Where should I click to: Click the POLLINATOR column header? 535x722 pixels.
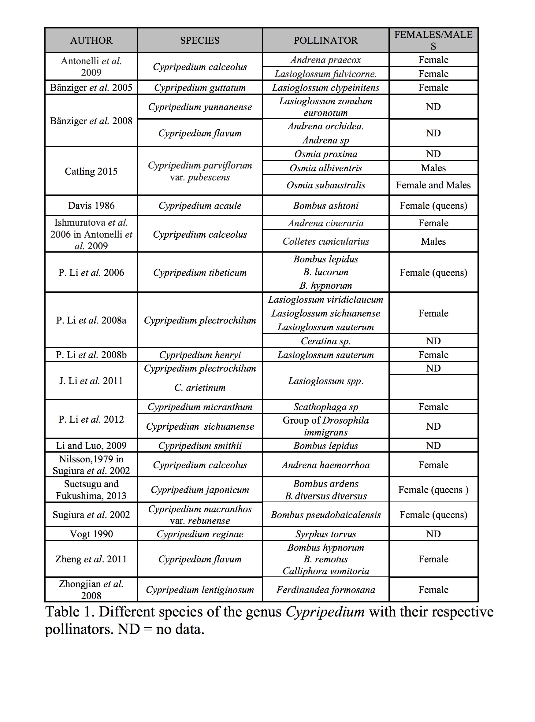pos(325,40)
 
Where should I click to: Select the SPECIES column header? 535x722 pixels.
pos(200,40)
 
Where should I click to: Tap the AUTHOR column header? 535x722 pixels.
pos(91,40)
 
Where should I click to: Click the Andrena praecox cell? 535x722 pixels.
pos(325,60)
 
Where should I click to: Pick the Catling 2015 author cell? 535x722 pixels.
pos(91,171)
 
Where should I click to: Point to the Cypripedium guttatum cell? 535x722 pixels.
pos(200,88)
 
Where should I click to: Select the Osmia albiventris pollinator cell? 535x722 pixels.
pos(325,168)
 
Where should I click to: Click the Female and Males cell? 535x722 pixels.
pos(433,185)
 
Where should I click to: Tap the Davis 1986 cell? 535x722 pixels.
pos(91,205)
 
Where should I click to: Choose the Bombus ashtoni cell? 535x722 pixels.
pos(325,205)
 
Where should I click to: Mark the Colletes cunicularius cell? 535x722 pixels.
pos(325,242)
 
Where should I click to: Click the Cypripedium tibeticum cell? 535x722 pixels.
pos(200,272)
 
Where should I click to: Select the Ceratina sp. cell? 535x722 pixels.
pos(325,341)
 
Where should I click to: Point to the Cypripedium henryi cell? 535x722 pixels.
pos(200,355)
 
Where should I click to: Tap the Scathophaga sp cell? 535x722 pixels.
pos(325,407)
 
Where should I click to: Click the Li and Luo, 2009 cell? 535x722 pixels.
pos(91,446)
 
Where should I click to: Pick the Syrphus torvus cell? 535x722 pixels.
pos(325,534)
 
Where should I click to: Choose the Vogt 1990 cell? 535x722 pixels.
pos(91,534)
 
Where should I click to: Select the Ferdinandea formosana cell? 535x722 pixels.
pos(325,590)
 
